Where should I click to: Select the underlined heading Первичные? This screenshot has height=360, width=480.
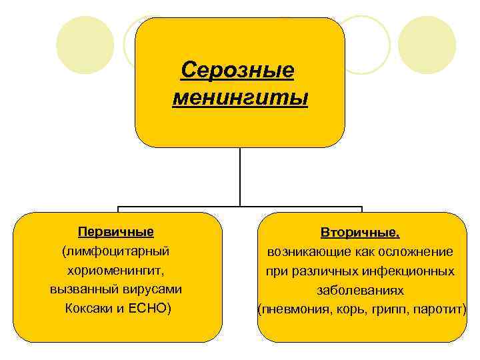coord(116,232)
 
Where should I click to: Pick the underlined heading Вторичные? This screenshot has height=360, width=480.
coord(360,233)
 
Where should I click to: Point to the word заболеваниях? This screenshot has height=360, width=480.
coord(360,291)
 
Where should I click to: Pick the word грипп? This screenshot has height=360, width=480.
coord(385,310)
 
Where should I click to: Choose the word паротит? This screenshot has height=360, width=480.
coord(440,310)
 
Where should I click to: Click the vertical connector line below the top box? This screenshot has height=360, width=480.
coord(240,177)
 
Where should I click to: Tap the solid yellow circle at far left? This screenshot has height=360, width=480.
coord(81,45)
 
